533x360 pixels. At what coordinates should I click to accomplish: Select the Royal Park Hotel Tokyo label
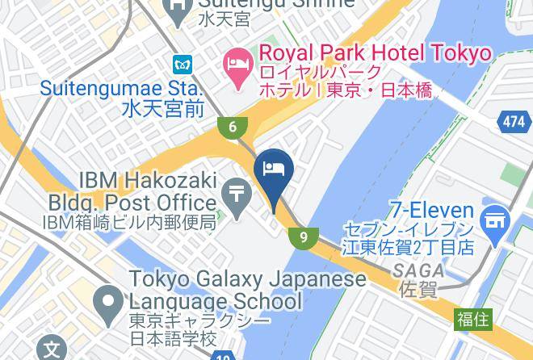click(375, 53)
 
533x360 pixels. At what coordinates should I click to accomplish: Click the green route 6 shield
click(231, 126)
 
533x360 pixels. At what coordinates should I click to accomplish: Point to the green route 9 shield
click(303, 237)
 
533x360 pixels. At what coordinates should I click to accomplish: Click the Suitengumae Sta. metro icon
click(181, 63)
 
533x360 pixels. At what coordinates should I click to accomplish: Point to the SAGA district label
click(420, 270)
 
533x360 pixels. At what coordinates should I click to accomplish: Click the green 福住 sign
click(472, 319)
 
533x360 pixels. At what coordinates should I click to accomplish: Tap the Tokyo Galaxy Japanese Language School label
click(250, 291)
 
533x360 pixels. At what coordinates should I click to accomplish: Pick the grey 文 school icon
click(52, 350)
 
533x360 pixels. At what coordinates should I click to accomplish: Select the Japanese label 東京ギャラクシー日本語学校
click(174, 329)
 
